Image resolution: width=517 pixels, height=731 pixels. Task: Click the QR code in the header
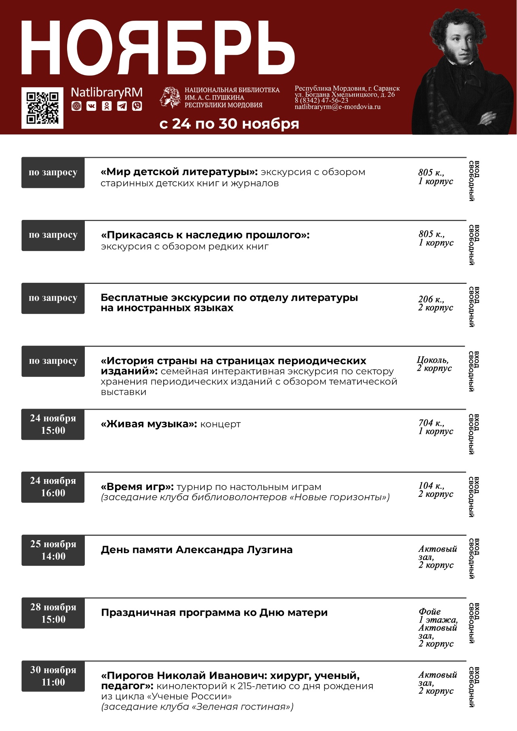click(x=42, y=108)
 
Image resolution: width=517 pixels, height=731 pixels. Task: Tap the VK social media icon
click(x=92, y=106)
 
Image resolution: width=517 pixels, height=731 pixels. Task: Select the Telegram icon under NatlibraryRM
click(x=122, y=106)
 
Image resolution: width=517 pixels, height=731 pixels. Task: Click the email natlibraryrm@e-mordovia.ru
click(x=337, y=107)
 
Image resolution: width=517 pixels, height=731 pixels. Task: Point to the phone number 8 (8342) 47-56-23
click(x=321, y=100)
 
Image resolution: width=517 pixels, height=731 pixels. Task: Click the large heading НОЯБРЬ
click(x=158, y=48)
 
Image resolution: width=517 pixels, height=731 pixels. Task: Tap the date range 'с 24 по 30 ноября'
click(x=229, y=124)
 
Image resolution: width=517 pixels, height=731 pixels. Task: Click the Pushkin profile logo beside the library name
click(x=170, y=97)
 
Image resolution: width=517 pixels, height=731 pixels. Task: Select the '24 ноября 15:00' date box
click(x=53, y=424)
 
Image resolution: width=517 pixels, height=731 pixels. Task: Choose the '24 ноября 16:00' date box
click(x=53, y=487)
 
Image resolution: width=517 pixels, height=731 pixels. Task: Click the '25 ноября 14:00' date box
click(x=53, y=550)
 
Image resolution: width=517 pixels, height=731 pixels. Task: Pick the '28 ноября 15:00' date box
click(x=53, y=613)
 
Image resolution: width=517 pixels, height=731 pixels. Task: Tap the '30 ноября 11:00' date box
click(x=53, y=676)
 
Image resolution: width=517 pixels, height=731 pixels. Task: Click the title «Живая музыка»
click(x=149, y=424)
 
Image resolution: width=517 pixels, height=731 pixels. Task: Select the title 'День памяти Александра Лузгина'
click(x=196, y=550)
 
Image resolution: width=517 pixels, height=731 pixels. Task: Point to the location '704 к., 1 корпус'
click(x=435, y=427)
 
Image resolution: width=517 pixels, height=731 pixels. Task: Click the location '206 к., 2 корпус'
click(x=435, y=303)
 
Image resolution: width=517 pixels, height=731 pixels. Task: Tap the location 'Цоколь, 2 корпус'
click(x=434, y=364)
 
